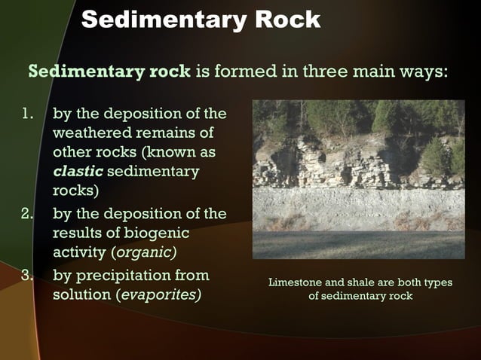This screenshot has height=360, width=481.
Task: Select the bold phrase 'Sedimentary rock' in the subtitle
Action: pos(109,72)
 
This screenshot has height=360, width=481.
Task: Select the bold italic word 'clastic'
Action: pos(78,172)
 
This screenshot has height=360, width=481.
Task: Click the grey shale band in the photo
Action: pos(358,206)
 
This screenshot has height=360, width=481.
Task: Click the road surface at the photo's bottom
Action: pos(358,246)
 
